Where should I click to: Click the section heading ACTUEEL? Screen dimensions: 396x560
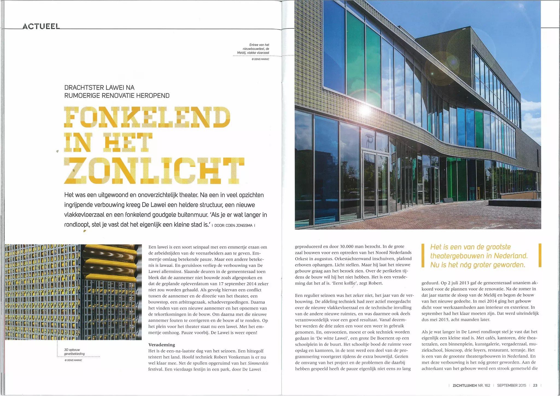coord(41,27)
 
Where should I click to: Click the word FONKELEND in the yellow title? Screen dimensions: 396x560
coord(147,117)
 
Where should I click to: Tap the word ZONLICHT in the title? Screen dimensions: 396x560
coord(154,171)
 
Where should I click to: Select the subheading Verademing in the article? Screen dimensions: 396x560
coord(162,345)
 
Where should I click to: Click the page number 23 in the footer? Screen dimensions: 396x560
coord(535,385)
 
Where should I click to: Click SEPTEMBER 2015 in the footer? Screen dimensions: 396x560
coord(511,385)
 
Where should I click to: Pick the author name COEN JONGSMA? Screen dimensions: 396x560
coord(239,226)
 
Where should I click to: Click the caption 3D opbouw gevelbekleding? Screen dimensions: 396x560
coord(74,352)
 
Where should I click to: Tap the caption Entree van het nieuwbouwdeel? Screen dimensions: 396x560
coord(253,49)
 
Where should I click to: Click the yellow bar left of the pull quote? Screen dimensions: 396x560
coord(423,255)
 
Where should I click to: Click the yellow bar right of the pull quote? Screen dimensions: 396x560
coord(540,255)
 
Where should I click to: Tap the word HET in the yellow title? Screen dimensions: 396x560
coord(127,142)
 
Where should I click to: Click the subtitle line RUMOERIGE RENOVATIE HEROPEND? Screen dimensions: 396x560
coord(117,96)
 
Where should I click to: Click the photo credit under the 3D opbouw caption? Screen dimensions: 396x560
coord(73,360)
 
